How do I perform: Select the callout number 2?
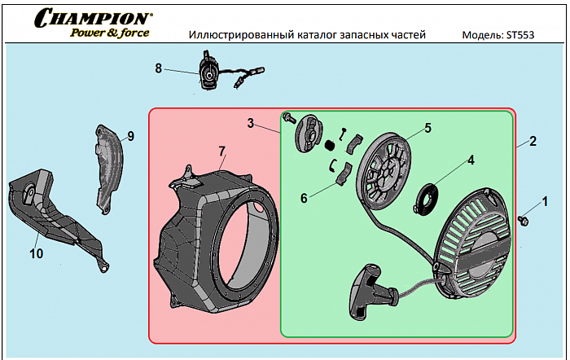(x=533, y=141)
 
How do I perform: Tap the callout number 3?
(x=252, y=124)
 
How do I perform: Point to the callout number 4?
(x=470, y=160)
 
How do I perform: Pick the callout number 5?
(x=427, y=128)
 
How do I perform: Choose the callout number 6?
(x=304, y=197)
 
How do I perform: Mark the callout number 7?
(x=221, y=150)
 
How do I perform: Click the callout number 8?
(x=159, y=68)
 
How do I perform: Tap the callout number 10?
(x=36, y=253)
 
